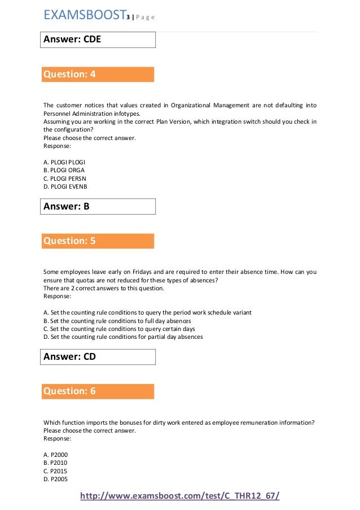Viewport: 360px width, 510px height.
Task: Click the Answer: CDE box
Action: (99, 40)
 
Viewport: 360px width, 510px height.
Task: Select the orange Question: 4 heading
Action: (98, 74)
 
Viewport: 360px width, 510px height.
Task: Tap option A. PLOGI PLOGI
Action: (64, 162)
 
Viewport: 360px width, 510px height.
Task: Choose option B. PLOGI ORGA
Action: (64, 170)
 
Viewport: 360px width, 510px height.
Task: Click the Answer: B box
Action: (99, 207)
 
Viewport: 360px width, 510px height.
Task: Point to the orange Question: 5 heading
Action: (98, 241)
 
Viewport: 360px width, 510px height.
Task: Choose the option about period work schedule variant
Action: (147, 312)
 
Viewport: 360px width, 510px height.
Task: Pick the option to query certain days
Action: (119, 329)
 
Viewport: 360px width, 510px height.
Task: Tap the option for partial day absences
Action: (123, 337)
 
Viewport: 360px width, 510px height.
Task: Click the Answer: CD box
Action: (99, 357)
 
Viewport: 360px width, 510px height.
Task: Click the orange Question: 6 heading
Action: (98, 391)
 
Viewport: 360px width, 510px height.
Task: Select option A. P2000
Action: (55, 454)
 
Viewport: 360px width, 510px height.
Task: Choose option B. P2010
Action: (55, 463)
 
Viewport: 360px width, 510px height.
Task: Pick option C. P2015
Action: (55, 471)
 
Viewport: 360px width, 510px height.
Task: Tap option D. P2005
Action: (55, 480)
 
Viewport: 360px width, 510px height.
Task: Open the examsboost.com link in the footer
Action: (180, 496)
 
